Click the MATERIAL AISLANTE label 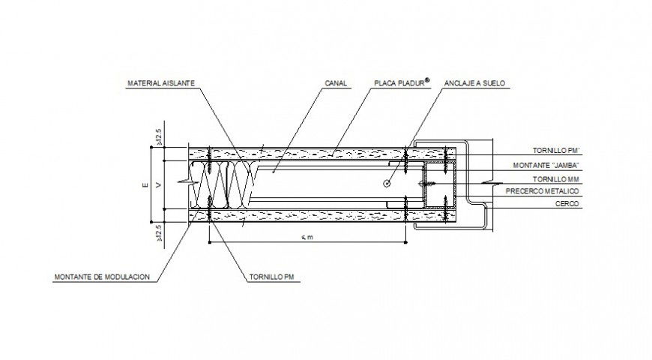(161, 83)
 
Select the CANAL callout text (336, 83)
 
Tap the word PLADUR (411, 83)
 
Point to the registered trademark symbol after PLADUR (428, 80)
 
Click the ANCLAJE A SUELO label (471, 83)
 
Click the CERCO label (567, 204)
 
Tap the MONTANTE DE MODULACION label (102, 277)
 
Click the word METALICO (561, 191)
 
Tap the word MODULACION (127, 277)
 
